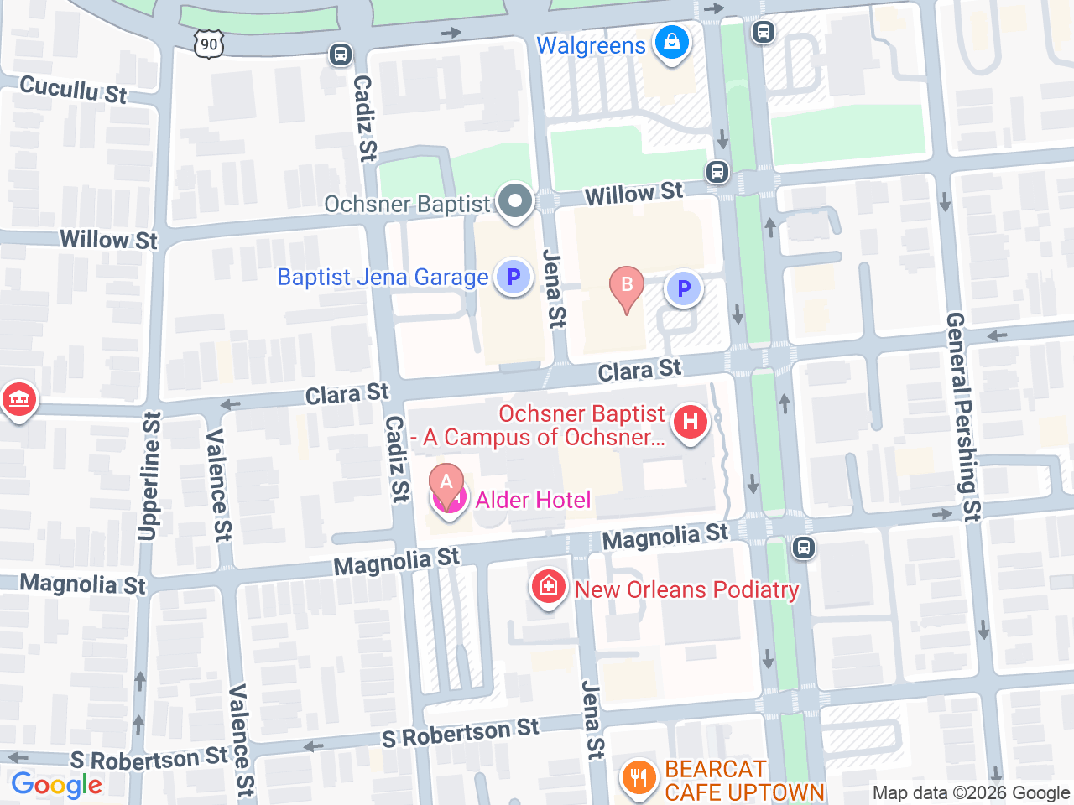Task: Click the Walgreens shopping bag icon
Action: pyautogui.click(x=671, y=42)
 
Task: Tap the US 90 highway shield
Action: pyautogui.click(x=209, y=44)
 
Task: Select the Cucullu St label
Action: pyautogui.click(x=73, y=89)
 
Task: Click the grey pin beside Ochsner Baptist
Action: pyautogui.click(x=515, y=202)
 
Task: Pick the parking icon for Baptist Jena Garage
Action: pyautogui.click(x=514, y=277)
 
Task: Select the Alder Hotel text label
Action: pyautogui.click(x=533, y=501)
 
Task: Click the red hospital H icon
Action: pyautogui.click(x=691, y=421)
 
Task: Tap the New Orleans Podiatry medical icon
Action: pyautogui.click(x=548, y=586)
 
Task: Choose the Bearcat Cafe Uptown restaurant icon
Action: pyautogui.click(x=639, y=777)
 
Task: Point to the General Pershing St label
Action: pyautogui.click(x=963, y=417)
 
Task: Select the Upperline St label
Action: pyautogui.click(x=149, y=475)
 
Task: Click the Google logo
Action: pyautogui.click(x=56, y=785)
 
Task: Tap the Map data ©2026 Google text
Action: pyautogui.click(x=971, y=793)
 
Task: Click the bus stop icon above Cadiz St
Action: pyautogui.click(x=340, y=55)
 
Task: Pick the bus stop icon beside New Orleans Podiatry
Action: pyautogui.click(x=804, y=548)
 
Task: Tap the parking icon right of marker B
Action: pyautogui.click(x=684, y=288)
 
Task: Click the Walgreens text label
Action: pyautogui.click(x=591, y=45)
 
